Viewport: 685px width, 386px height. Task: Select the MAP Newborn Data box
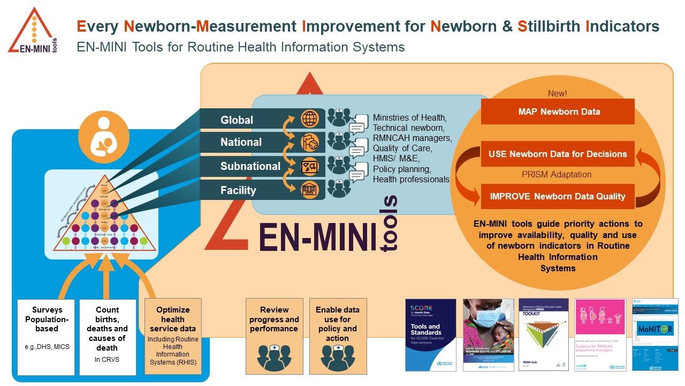tap(558, 112)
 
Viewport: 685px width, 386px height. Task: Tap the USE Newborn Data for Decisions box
tap(558, 154)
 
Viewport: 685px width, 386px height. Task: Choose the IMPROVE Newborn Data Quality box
tap(558, 196)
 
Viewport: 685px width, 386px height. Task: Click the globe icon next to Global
tap(310, 118)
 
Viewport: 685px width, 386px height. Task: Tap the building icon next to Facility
tap(310, 189)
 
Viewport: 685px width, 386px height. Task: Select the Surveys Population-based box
tap(47, 337)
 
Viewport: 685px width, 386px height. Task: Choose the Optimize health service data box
tap(173, 336)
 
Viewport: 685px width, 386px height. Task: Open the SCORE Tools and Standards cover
tap(431, 335)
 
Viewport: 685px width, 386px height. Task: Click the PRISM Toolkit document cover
tap(543, 335)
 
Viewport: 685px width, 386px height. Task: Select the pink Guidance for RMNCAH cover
tap(599, 335)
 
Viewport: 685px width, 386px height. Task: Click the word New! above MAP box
tap(557, 93)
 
